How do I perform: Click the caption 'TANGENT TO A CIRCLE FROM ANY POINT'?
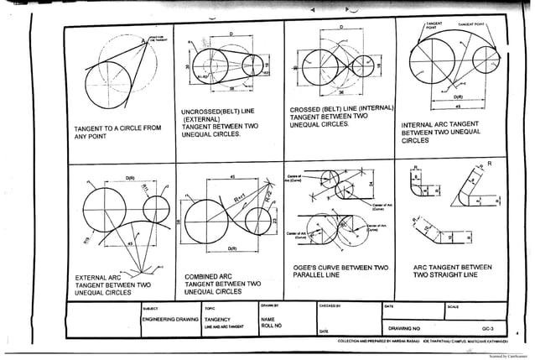[x=118, y=133]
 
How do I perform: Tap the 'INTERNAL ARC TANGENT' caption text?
[x=440, y=123]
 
